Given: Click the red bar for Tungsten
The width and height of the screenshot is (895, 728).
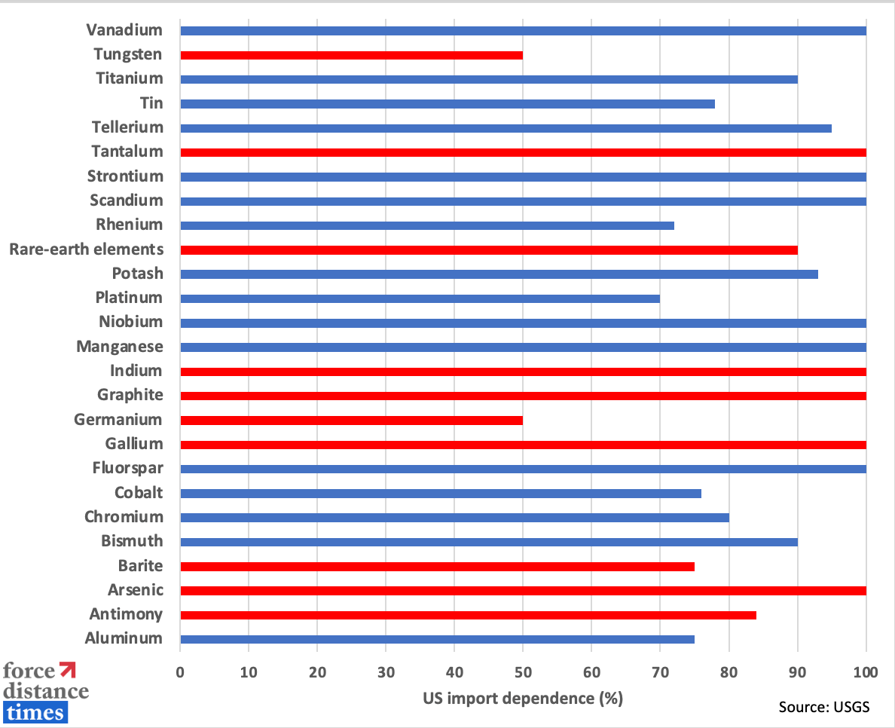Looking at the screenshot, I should [351, 55].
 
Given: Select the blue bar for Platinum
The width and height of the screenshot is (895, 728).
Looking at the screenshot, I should [420, 298].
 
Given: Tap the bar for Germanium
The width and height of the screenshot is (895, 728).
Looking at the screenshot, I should [351, 420].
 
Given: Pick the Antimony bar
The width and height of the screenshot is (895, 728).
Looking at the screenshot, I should [468, 615].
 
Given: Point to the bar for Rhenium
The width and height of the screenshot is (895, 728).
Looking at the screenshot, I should [427, 225].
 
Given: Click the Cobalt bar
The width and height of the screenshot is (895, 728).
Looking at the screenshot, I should [441, 493].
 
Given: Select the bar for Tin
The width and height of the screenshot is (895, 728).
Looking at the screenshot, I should [447, 103].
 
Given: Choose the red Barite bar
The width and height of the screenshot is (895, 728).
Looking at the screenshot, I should [437, 566].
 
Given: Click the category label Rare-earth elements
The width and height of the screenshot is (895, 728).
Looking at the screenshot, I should [86, 249].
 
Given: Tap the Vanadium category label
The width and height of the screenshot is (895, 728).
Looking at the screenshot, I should [124, 30].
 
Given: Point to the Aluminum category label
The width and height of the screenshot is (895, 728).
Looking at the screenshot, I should [124, 638].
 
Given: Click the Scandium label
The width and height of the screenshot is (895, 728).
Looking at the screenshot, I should [126, 200].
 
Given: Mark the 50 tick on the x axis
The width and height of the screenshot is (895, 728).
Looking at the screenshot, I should [523, 671].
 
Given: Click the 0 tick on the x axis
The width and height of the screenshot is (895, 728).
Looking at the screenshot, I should [180, 671].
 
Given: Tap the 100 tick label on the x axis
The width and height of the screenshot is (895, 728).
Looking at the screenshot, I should [866, 671].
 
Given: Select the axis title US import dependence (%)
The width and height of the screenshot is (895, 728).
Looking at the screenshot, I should [524, 699].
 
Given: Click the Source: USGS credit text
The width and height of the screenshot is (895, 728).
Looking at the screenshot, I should [824, 706].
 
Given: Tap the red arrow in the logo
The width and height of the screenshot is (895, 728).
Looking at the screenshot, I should [68, 669].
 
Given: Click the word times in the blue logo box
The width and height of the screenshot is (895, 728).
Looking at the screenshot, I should [35, 711].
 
